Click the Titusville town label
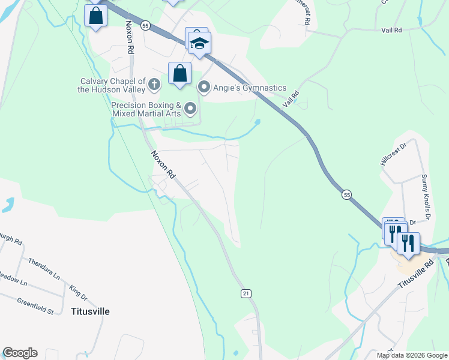point(90,311)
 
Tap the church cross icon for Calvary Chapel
point(154,84)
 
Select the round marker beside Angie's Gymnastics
point(204,88)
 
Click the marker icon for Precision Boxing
point(191,109)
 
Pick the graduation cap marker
point(200,43)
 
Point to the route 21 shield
point(246,293)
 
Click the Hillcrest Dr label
point(393,156)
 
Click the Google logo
point(20,353)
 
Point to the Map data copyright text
point(412,355)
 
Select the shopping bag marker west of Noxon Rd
point(95,16)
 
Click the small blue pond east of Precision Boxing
point(258,122)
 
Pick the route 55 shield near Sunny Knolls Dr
point(346,194)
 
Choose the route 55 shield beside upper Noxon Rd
point(145,26)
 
